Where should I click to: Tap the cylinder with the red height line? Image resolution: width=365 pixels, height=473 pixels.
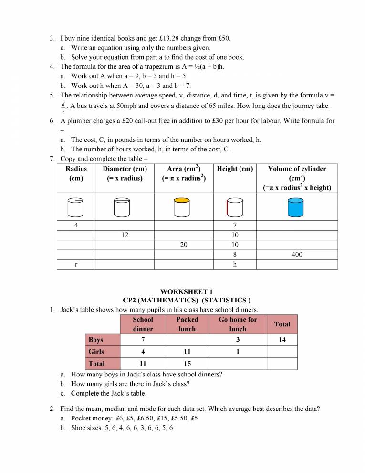click(x=234, y=207)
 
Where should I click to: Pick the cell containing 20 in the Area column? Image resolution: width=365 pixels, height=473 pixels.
click(x=184, y=245)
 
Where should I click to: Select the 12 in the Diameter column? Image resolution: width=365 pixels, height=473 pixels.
click(x=125, y=235)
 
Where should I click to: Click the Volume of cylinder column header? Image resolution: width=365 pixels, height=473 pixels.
click(x=297, y=178)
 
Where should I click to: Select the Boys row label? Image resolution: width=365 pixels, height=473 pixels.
click(x=96, y=340)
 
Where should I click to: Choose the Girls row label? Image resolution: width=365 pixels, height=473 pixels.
click(x=96, y=352)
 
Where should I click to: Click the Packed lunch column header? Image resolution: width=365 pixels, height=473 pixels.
click(x=187, y=324)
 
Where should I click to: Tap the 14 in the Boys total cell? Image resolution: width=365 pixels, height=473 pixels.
click(x=282, y=340)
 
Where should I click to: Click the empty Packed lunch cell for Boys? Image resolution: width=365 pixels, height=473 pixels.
click(x=187, y=340)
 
